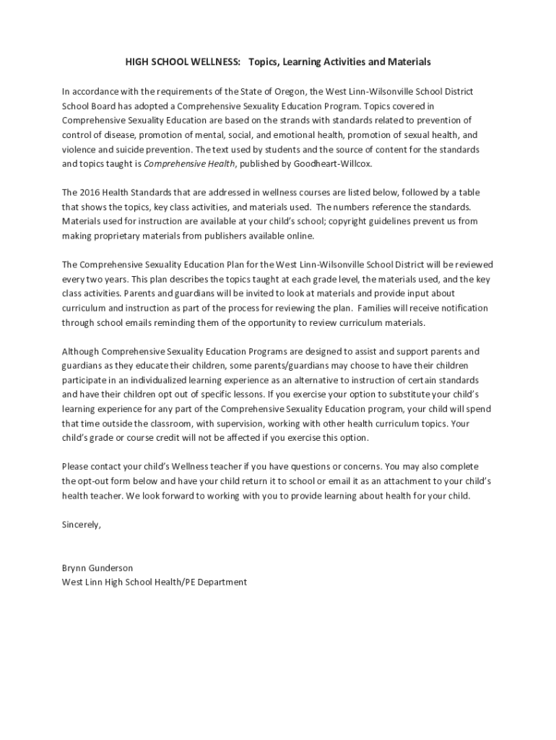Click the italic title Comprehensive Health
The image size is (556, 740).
click(x=188, y=164)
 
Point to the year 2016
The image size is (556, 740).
click(x=90, y=193)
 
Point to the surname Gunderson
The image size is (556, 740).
click(x=113, y=568)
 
